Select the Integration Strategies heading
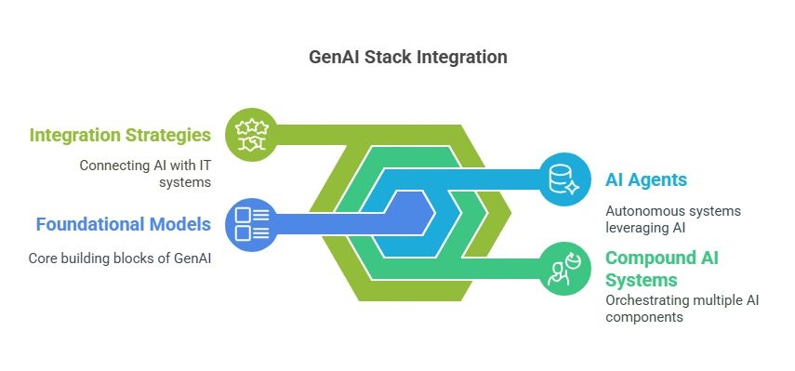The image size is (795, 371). point(120,136)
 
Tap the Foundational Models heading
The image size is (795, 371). point(124,224)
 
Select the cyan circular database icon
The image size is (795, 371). point(563,179)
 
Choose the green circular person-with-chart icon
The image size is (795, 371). point(563,268)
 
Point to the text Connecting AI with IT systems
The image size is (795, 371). point(144,173)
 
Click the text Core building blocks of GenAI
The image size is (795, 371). point(120,258)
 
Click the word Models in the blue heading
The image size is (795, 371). point(180,224)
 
